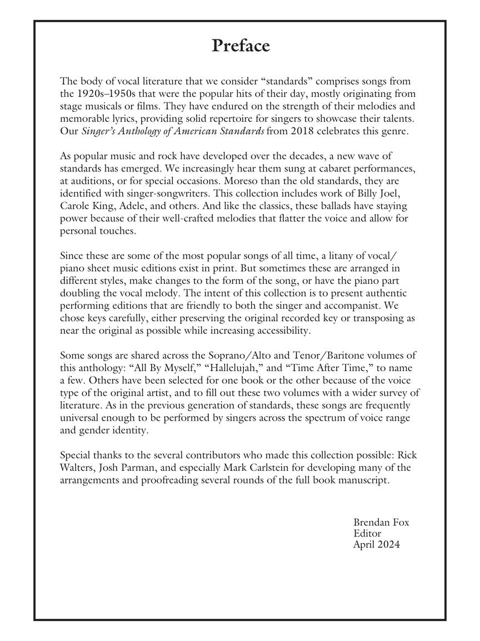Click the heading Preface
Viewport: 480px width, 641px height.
240,46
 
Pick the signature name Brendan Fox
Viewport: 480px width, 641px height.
381,522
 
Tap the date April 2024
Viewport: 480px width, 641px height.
376,545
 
